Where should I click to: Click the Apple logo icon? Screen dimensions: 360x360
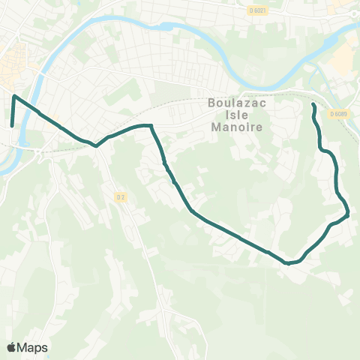(12, 347)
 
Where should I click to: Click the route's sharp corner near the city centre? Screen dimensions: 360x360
(14, 96)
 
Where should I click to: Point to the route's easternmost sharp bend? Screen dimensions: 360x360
(349, 215)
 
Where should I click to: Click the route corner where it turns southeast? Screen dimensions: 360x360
(151, 126)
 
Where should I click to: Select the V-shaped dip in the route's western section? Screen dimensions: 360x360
(97, 146)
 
